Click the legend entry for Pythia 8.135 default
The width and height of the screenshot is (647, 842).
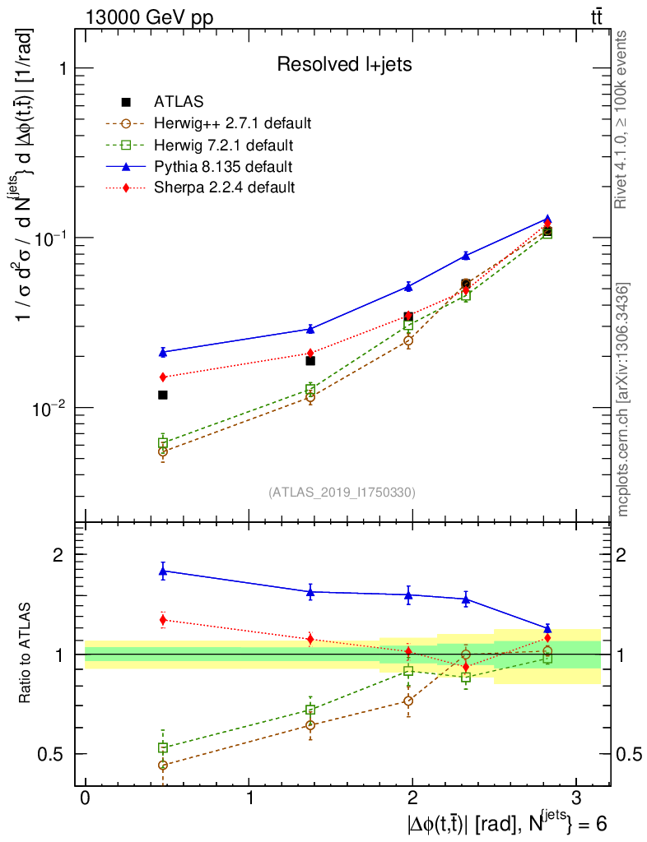(x=222, y=167)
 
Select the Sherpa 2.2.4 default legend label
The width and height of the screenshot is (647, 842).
(x=224, y=187)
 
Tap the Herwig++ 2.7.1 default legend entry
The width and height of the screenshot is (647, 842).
(x=232, y=124)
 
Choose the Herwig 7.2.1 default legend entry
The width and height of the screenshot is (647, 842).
(x=222, y=146)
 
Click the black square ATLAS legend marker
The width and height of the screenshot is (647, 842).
(x=126, y=102)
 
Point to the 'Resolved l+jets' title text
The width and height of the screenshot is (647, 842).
(x=344, y=64)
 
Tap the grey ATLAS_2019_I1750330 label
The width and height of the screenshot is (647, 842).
(x=342, y=493)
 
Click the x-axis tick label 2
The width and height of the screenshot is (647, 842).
(x=412, y=798)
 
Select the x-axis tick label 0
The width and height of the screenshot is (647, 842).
(x=85, y=798)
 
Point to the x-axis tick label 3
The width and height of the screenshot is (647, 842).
(x=575, y=798)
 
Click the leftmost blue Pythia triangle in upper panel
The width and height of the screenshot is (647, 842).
(x=163, y=352)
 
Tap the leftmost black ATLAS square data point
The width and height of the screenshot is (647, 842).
(x=163, y=396)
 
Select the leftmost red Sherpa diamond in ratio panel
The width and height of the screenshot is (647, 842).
(x=163, y=620)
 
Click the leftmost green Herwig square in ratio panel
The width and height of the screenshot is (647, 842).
(x=163, y=747)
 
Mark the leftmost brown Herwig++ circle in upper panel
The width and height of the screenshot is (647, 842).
(x=163, y=451)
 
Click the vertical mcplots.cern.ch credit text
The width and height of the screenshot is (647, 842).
(x=623, y=400)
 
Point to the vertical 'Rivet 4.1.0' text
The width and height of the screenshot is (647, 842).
(x=623, y=120)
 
